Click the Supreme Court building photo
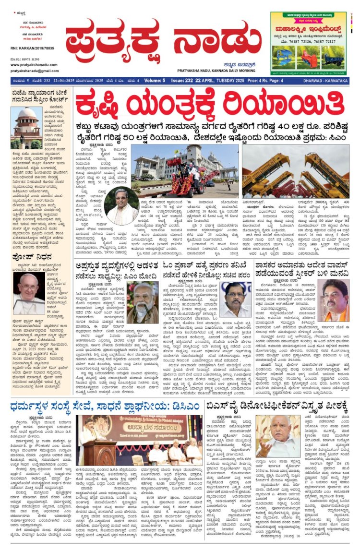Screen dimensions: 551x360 click(x=27, y=128)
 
